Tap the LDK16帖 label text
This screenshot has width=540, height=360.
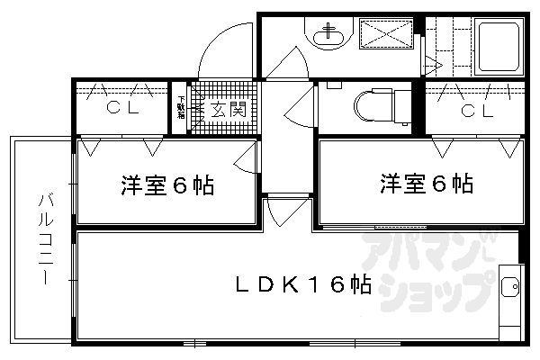click(x=303, y=286)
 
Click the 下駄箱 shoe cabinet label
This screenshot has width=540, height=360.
click(x=181, y=108)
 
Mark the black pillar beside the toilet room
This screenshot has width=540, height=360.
click(x=417, y=108)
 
